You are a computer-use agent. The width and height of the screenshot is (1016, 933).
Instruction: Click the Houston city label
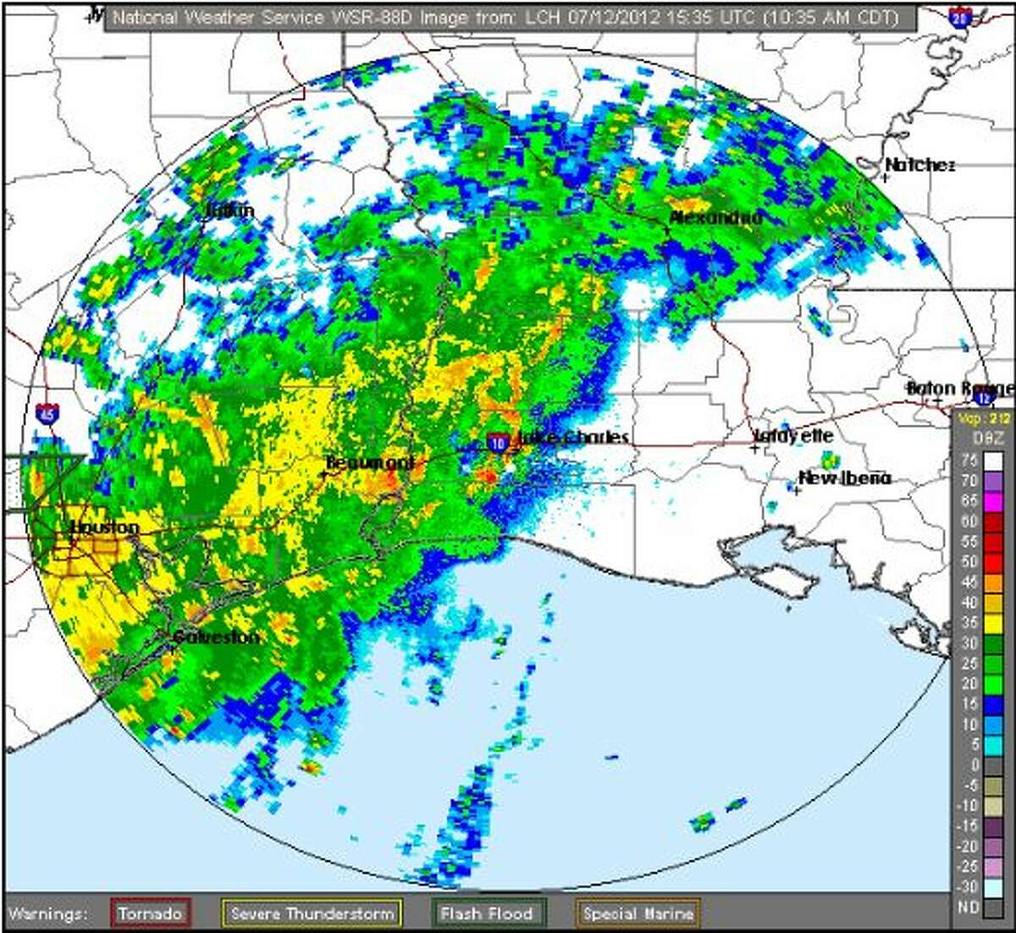[104, 527]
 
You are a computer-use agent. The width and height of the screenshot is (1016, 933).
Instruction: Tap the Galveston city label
[217, 637]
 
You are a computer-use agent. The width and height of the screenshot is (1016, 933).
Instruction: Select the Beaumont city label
[370, 462]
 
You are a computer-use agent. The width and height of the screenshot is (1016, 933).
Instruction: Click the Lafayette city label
[794, 436]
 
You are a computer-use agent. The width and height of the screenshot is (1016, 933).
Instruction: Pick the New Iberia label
[845, 478]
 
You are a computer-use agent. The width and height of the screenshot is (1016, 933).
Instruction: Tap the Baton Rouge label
[959, 389]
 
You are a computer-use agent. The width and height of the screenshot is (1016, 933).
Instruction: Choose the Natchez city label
[919, 165]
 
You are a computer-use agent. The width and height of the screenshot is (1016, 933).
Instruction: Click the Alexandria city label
[715, 218]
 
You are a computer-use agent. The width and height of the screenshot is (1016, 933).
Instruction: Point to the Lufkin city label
[230, 210]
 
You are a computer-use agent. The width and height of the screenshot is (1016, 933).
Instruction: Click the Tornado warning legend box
[151, 914]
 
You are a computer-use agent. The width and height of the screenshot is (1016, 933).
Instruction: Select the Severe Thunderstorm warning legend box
[312, 914]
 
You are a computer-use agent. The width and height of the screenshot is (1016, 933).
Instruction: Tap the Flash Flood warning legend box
[486, 914]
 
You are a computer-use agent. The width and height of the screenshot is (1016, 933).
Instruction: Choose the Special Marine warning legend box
[638, 914]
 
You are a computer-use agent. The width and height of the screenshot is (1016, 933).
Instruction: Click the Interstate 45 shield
[48, 414]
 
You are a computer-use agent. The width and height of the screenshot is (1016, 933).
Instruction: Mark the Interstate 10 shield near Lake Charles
[498, 441]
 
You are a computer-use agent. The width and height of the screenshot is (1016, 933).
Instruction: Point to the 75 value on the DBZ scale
[970, 461]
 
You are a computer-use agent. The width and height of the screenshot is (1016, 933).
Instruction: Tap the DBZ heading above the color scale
[984, 438]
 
